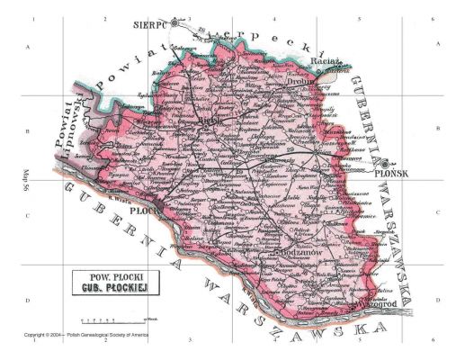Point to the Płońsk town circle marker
coord(385,166)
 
